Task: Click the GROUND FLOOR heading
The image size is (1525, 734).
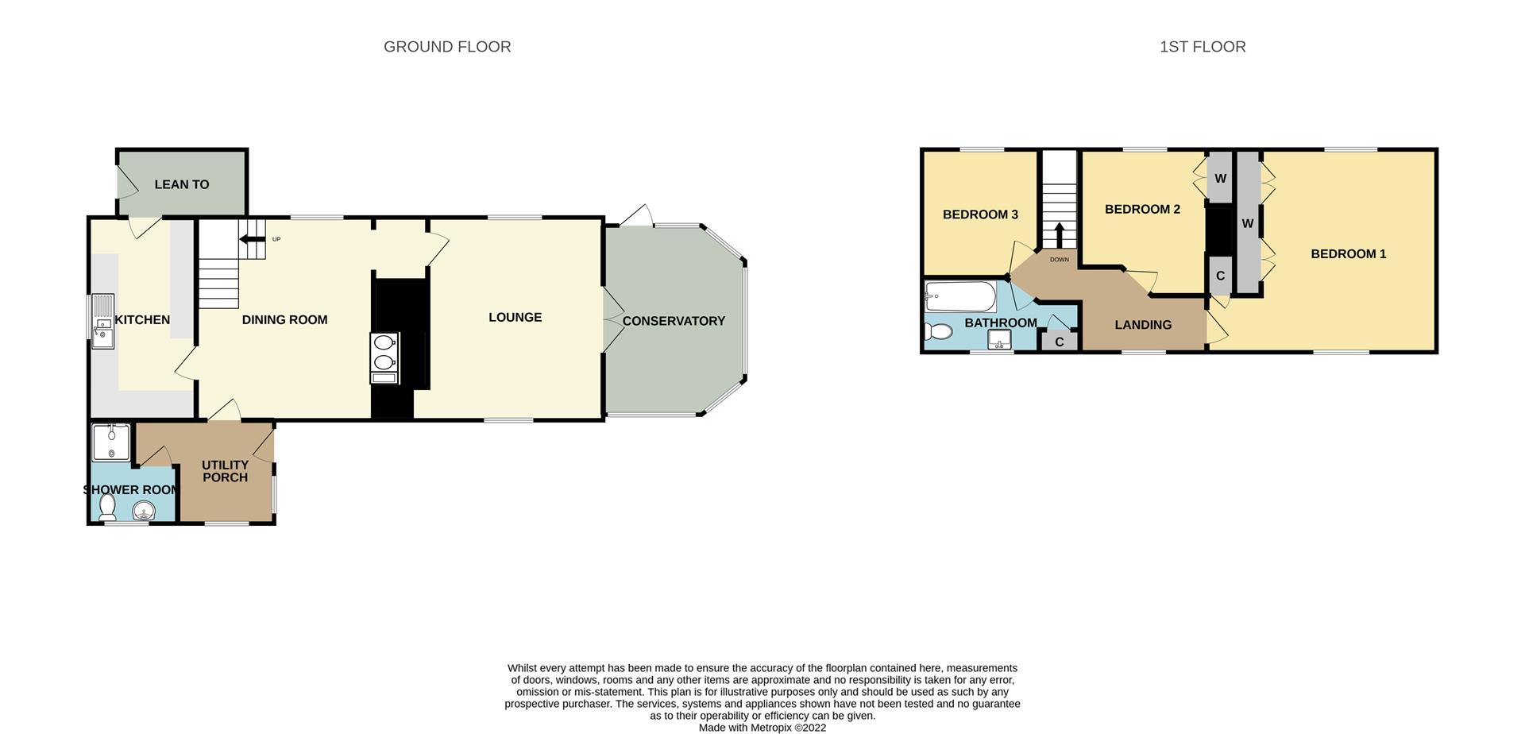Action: click(447, 47)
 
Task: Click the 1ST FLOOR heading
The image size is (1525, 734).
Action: click(1202, 47)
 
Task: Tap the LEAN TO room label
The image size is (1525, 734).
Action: click(181, 184)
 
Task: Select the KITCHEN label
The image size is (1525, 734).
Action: click(142, 320)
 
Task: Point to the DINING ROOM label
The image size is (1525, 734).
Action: click(284, 320)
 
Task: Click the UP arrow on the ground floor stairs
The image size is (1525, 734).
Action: click(253, 239)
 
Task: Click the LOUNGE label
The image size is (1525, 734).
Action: click(515, 318)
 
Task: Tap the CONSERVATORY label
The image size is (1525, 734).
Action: click(674, 321)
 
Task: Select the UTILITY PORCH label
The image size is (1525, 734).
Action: click(225, 471)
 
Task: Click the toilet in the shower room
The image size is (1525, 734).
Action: click(107, 507)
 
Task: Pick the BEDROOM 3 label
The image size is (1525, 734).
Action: click(980, 214)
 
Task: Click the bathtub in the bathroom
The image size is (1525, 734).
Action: click(960, 297)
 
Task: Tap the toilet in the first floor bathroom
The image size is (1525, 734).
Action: click(938, 331)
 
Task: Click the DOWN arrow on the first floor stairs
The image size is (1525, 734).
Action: click(1059, 236)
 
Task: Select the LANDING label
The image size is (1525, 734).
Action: click(1142, 325)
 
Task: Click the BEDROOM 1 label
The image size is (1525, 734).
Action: click(1348, 254)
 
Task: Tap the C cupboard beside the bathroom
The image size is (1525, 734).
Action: click(1059, 342)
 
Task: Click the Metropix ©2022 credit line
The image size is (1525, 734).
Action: click(762, 727)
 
